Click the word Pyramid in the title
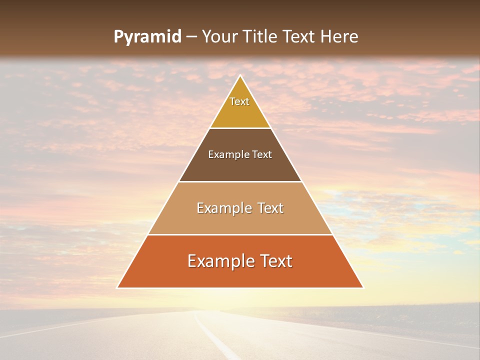point(147,37)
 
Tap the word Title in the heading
point(262,37)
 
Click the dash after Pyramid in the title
point(191,37)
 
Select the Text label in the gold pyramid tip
point(239,101)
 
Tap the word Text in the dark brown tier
point(262,155)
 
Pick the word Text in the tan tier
point(271,208)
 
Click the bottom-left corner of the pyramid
point(117,287)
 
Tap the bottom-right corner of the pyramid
point(363,287)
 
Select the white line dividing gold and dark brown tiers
point(240,128)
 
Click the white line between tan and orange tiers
point(240,234)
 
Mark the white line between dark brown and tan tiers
point(240,181)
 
